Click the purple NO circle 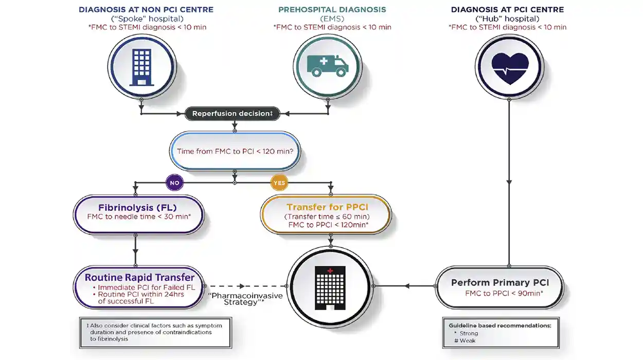(174, 183)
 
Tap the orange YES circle (279, 183)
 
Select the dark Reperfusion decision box (233, 113)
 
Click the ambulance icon (328, 66)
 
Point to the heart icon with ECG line (510, 68)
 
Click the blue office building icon (141, 67)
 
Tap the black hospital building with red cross (330, 288)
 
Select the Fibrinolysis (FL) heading (137, 207)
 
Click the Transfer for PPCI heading (327, 207)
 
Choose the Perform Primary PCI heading (500, 282)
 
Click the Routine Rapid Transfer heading (139, 277)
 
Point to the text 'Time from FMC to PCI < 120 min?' (235, 151)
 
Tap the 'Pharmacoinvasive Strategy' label (245, 299)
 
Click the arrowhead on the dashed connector (242, 286)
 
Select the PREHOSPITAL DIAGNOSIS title (332, 9)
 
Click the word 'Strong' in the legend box (469, 333)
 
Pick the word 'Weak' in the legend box (468, 340)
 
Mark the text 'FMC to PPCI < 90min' (503, 293)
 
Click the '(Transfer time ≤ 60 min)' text (327, 217)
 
